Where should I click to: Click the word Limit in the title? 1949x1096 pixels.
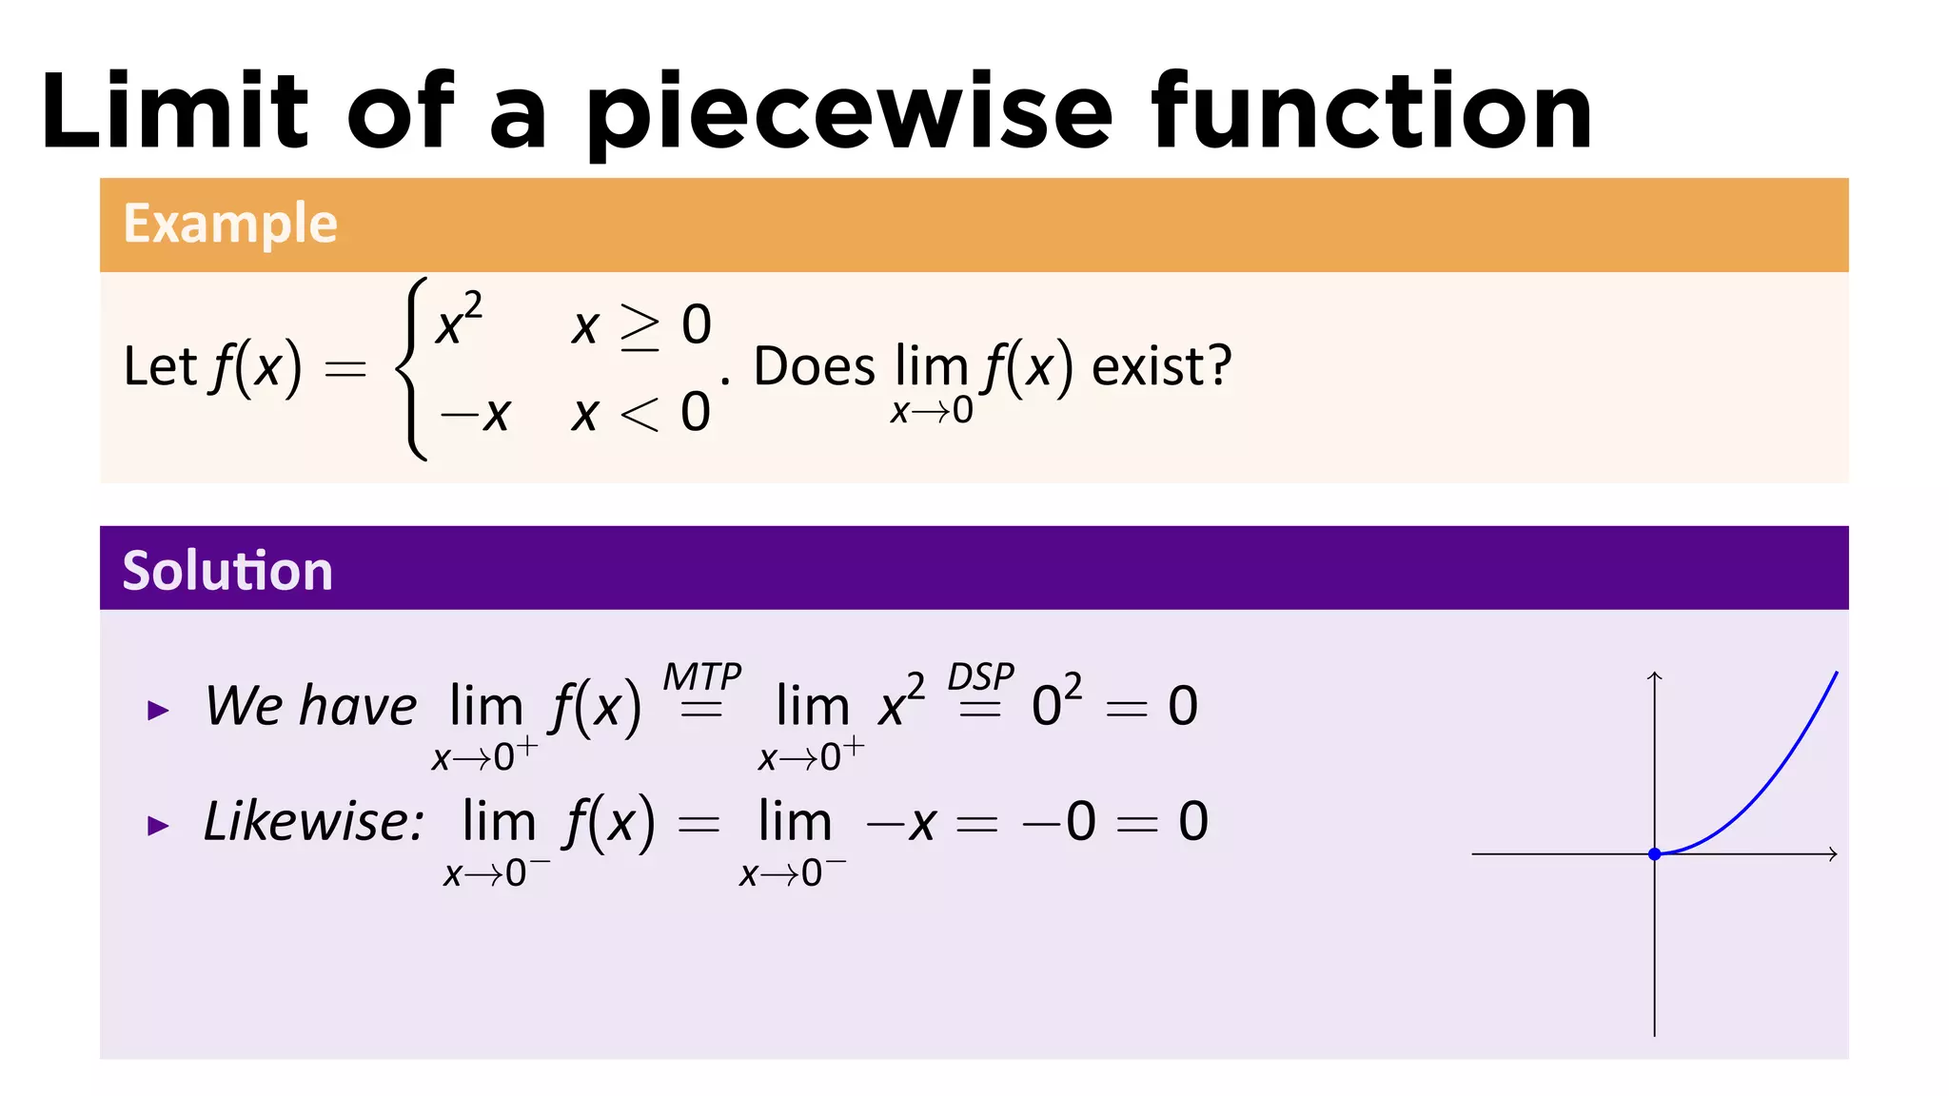[x=175, y=112]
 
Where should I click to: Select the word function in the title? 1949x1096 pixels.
[x=1371, y=112]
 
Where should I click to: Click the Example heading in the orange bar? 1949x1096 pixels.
[x=230, y=225]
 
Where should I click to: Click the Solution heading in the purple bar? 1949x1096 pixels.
[x=227, y=571]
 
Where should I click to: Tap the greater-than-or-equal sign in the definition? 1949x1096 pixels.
[x=640, y=326]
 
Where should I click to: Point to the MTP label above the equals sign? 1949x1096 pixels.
[x=702, y=677]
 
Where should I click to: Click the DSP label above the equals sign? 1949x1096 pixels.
[x=980, y=677]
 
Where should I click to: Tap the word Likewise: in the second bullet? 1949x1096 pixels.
[x=314, y=821]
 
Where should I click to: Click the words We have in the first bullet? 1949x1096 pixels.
[x=311, y=706]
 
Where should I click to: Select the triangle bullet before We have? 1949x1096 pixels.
[x=158, y=710]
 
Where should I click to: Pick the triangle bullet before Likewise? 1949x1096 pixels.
[x=158, y=825]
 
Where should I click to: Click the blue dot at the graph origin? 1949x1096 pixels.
[x=1655, y=854]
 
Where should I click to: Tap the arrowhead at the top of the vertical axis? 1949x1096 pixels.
[x=1655, y=675]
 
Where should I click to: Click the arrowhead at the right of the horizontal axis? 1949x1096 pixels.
[x=1832, y=854]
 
